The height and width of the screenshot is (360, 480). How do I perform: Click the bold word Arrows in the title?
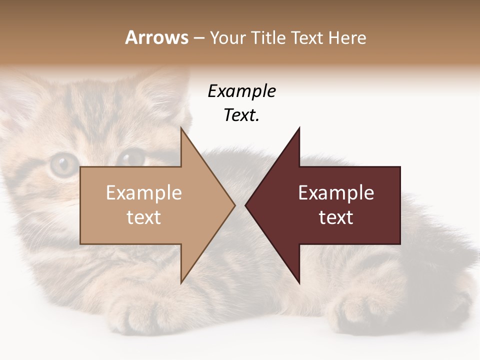(156, 37)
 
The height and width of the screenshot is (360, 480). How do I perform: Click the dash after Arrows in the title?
(199, 38)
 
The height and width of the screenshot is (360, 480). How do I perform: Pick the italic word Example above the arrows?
(241, 91)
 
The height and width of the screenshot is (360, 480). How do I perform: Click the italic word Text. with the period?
(241, 115)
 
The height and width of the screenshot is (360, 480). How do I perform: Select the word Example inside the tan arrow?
(143, 192)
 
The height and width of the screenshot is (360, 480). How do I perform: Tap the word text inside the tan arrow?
(143, 217)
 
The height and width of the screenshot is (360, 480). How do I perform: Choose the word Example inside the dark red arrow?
(336, 192)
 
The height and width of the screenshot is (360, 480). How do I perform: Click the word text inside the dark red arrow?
(336, 217)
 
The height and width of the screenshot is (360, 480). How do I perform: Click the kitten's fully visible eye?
(62, 164)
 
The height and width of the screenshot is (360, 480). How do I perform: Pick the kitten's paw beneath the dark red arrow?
(357, 310)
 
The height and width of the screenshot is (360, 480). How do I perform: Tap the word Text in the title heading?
(306, 37)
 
